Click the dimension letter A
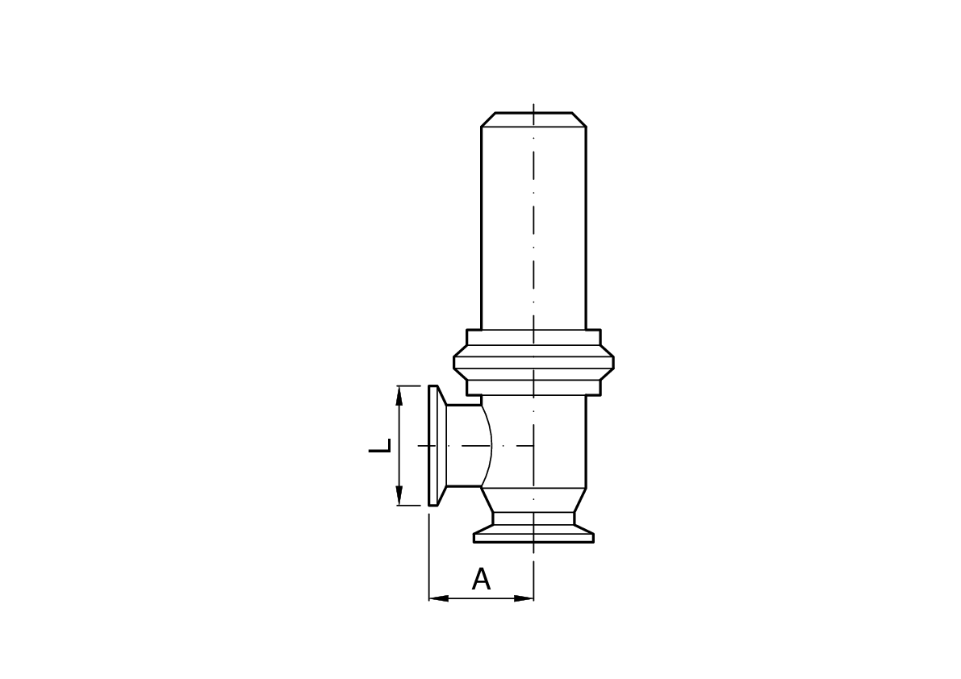point(481,578)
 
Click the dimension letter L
point(380,446)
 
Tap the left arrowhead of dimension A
point(438,598)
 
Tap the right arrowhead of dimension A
point(524,598)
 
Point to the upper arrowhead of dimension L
point(399,395)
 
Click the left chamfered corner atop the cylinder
point(488,119)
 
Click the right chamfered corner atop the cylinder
point(579,119)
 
